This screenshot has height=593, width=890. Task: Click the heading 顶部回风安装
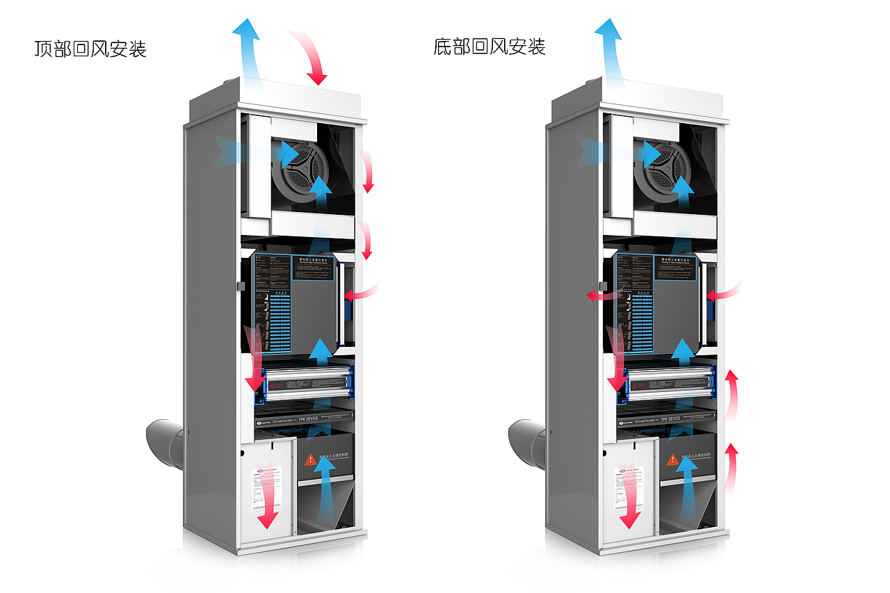coord(90,49)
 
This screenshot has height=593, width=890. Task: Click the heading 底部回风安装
coord(489,47)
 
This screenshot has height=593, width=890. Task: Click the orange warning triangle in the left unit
coord(309,460)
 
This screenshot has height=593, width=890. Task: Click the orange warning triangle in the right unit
coord(672,460)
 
